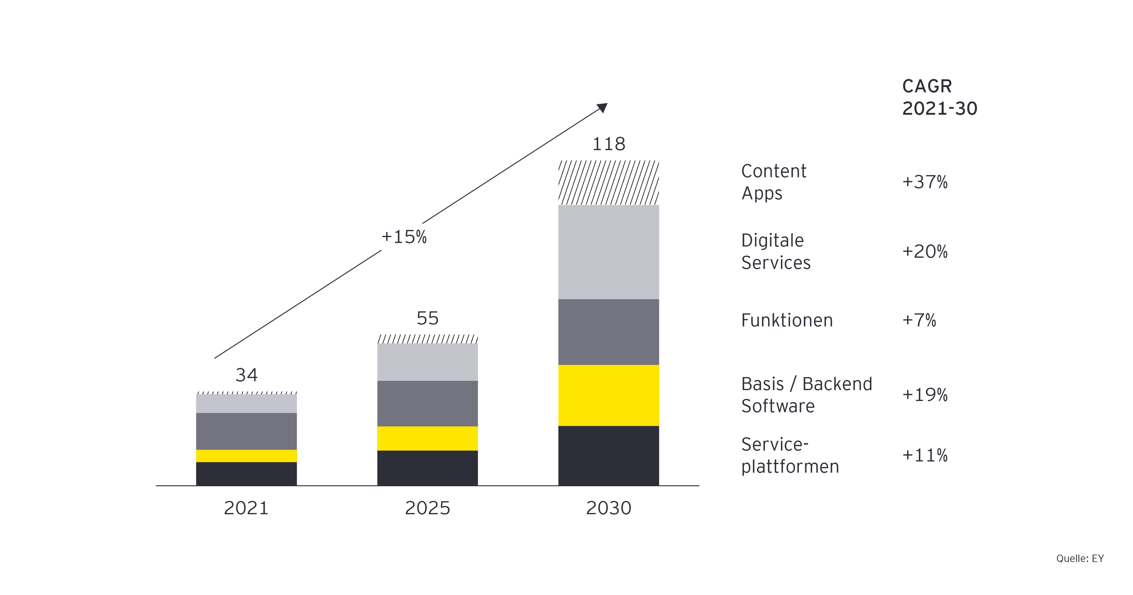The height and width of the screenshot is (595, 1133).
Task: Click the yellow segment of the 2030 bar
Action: (x=608, y=395)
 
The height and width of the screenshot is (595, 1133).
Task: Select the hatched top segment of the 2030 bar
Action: (x=608, y=182)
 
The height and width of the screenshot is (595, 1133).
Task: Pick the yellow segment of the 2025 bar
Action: (x=427, y=438)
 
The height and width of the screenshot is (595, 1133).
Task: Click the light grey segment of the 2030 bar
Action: (x=608, y=252)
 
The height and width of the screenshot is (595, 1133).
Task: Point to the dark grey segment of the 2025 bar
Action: (x=427, y=403)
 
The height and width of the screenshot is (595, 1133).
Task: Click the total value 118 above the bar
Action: (x=608, y=144)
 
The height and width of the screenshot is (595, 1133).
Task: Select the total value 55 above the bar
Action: (x=427, y=318)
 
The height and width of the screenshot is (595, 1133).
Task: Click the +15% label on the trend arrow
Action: (x=404, y=237)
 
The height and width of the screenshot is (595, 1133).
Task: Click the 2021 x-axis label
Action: (x=246, y=508)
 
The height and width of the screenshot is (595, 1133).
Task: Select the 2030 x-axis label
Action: (x=608, y=508)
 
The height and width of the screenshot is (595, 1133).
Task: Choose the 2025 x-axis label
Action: (x=427, y=508)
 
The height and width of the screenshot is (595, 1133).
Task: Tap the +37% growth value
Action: (x=925, y=182)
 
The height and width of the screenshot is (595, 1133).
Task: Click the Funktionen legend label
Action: (x=787, y=320)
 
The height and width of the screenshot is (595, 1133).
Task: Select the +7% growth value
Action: (x=919, y=320)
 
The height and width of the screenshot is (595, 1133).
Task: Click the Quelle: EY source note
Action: (x=1080, y=558)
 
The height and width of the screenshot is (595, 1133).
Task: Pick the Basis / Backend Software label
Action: (x=806, y=395)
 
